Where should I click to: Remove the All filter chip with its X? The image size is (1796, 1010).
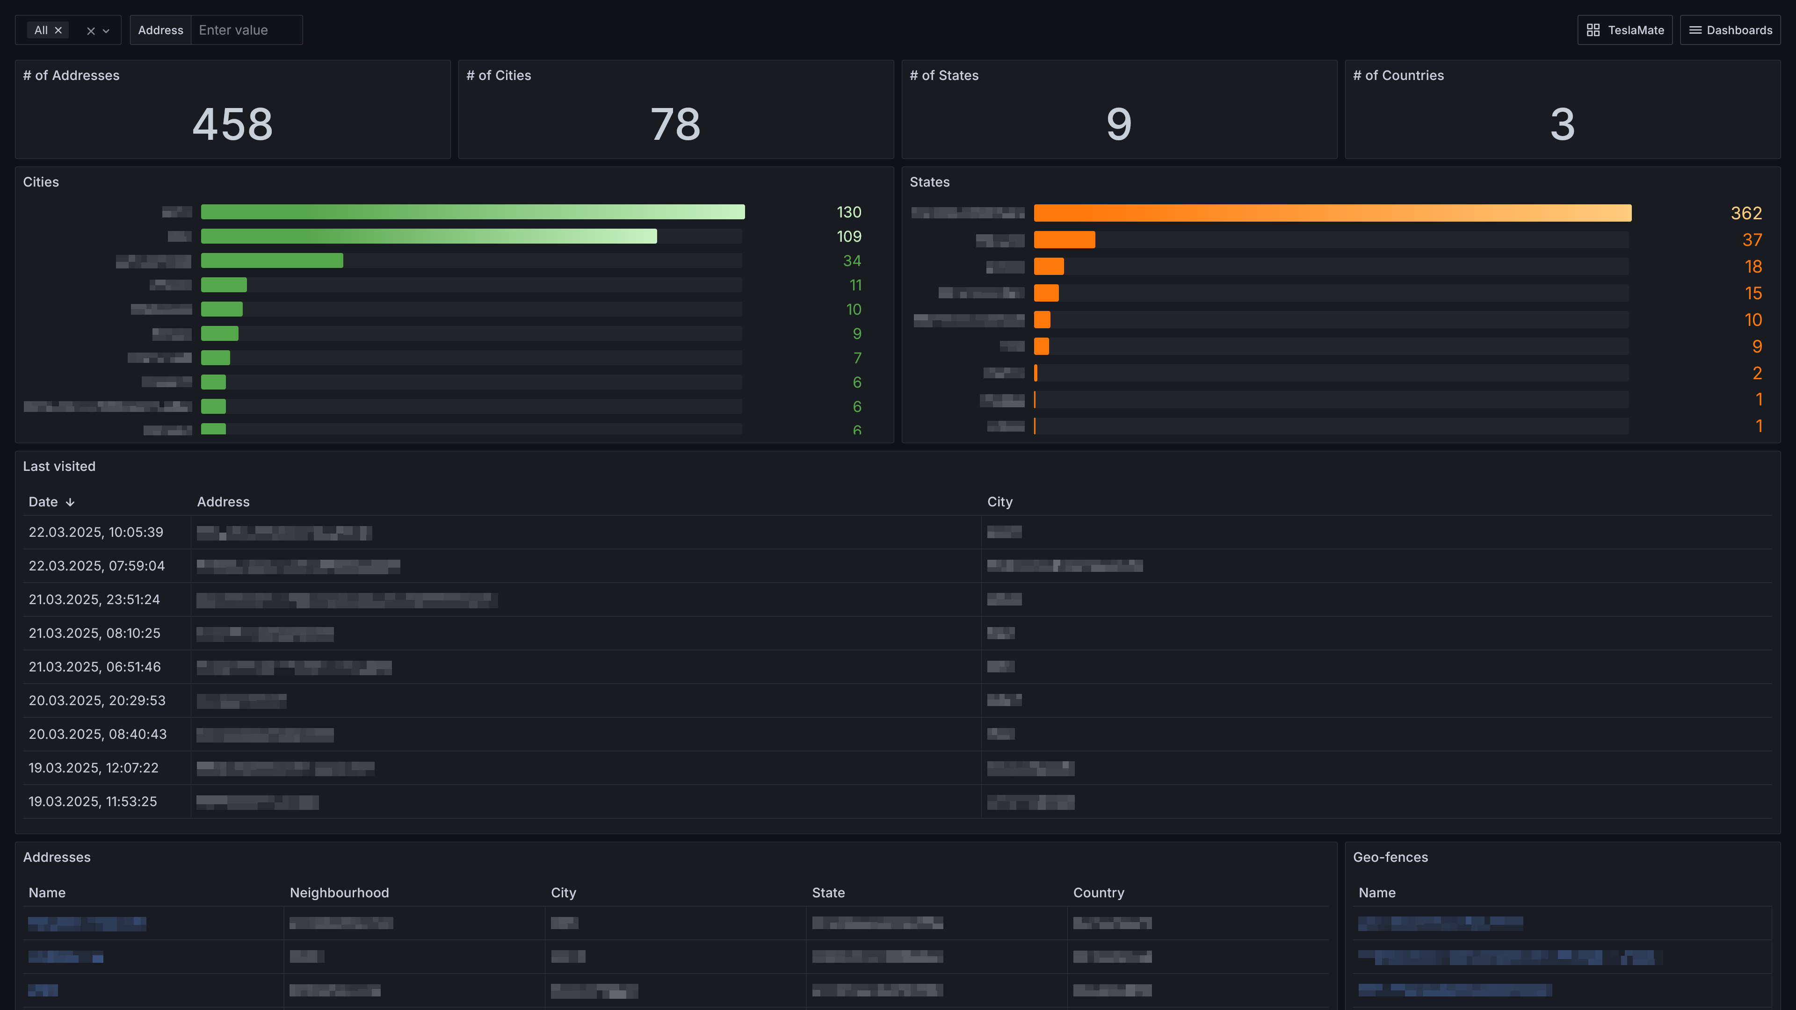point(58,30)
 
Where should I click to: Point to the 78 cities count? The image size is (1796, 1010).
point(675,124)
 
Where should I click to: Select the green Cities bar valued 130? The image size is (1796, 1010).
point(473,212)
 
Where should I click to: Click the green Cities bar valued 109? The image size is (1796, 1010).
point(429,236)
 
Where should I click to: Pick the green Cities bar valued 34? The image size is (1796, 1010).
point(272,261)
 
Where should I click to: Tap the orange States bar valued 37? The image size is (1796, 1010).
point(1064,240)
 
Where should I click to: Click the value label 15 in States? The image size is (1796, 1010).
point(1753,294)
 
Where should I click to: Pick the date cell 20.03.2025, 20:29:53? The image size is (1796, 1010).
point(97,700)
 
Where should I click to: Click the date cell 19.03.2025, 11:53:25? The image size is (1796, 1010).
point(93,801)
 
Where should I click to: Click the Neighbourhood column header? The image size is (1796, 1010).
point(339,893)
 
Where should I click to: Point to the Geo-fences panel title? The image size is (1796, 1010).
point(1390,858)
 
